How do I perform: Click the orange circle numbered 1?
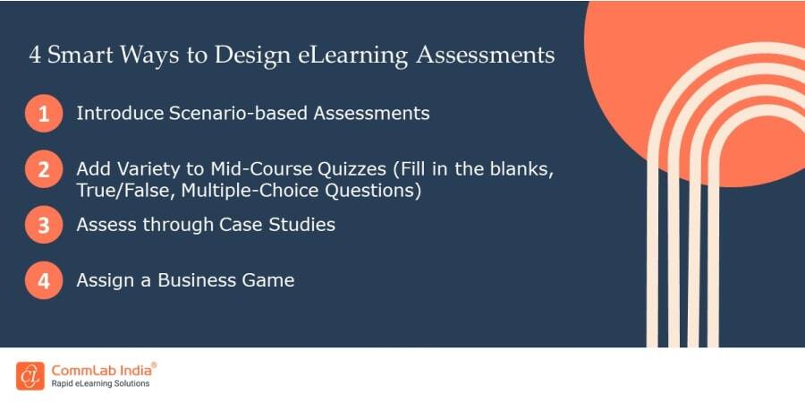coord(44,115)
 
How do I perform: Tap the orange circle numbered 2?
coord(44,169)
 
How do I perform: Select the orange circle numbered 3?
coord(44,225)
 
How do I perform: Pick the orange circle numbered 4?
coord(44,280)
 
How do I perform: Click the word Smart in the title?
coord(83,56)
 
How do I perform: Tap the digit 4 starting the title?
coord(35,56)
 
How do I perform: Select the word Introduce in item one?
coord(119,114)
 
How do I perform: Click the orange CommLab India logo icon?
coord(30,375)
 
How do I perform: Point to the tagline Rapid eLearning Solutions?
coord(101,384)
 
